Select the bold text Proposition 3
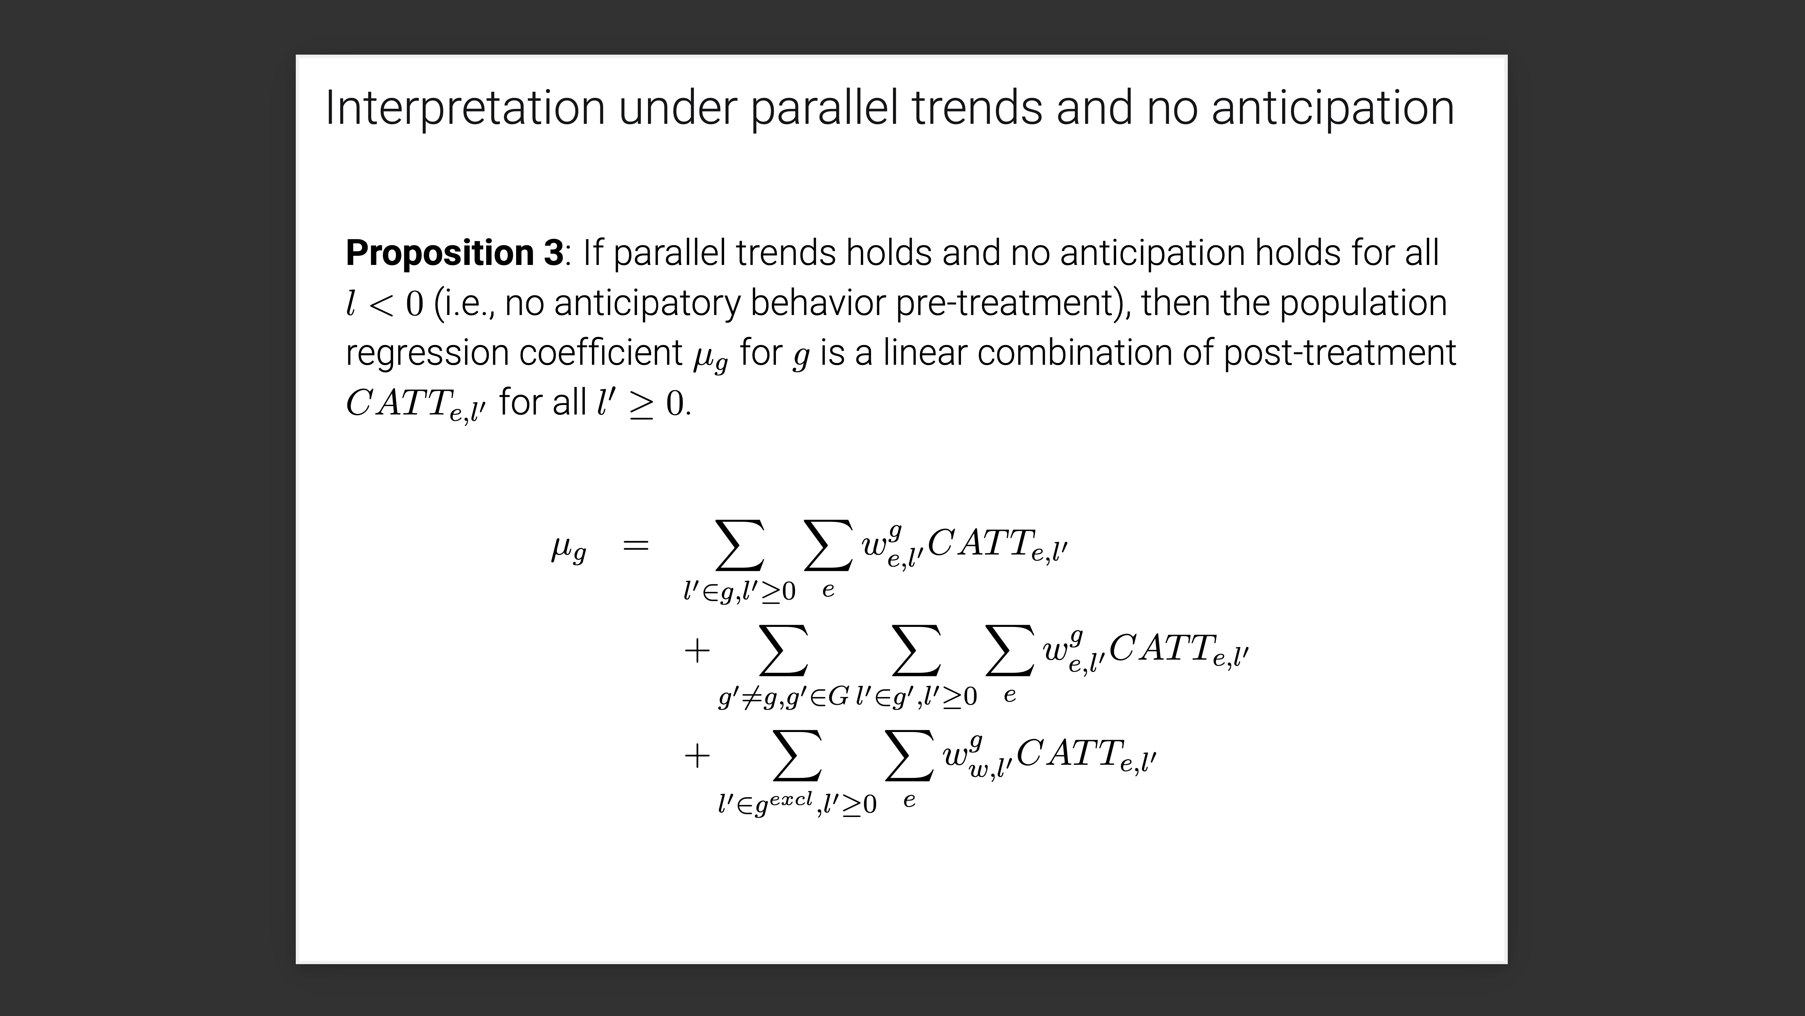(454, 253)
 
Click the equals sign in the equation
(636, 545)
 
